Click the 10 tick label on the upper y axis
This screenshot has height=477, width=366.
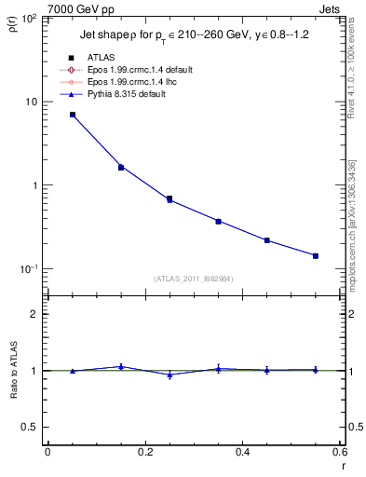click(33, 102)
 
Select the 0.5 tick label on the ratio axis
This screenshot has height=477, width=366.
click(32, 427)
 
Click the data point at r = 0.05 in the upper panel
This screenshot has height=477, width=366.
click(72, 115)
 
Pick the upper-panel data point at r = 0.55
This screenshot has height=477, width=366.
click(316, 255)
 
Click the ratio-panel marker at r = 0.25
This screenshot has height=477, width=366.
click(169, 375)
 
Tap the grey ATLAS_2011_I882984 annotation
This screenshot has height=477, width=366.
click(193, 279)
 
